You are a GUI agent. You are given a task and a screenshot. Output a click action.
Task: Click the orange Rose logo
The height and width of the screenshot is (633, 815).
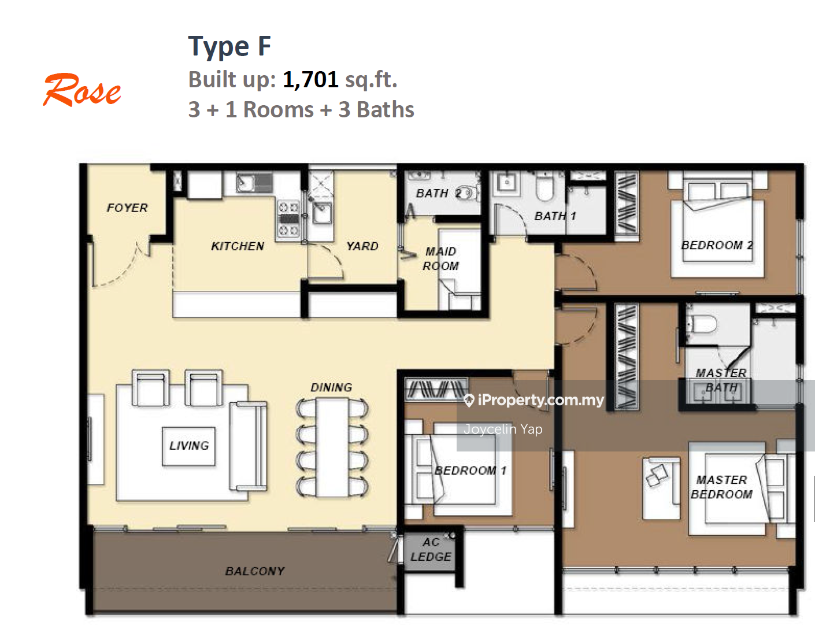coord(81,90)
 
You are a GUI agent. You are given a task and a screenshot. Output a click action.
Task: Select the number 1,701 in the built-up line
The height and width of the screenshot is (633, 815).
coord(310,80)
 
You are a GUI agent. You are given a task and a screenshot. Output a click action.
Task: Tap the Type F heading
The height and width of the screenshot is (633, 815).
coord(229,46)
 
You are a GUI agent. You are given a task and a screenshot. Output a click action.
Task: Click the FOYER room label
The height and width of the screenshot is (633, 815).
coord(127,208)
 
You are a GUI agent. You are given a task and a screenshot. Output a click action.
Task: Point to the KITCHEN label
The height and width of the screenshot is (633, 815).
coord(238,246)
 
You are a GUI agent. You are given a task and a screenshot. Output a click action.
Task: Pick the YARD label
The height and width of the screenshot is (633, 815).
coord(362,246)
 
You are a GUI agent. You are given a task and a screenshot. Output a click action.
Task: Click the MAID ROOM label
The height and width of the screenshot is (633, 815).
coord(440,258)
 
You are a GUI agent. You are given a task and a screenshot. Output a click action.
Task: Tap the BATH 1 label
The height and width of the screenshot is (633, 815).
coord(555,216)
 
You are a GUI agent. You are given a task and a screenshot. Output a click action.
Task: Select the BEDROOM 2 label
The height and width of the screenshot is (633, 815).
coord(717,245)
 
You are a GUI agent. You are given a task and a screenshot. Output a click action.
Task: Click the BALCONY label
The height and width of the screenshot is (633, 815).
coord(255,571)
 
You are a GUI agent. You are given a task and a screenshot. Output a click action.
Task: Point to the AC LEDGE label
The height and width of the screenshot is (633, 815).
coord(431,549)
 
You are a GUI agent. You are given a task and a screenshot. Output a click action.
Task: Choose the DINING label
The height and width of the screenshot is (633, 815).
coord(332,387)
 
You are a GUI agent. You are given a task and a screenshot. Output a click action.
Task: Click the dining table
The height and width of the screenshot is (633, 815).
coord(332,447)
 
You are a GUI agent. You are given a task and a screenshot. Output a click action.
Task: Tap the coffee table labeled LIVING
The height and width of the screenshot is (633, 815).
coord(188,446)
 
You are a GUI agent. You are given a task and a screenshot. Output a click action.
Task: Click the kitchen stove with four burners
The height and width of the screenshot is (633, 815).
coord(288,219)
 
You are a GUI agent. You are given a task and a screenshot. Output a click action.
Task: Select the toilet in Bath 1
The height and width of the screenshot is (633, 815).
coord(545,187)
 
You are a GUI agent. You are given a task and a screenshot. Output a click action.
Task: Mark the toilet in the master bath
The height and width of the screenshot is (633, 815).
coord(702,324)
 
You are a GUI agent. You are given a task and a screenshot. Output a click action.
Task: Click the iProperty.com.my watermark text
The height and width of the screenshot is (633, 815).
coord(534,400)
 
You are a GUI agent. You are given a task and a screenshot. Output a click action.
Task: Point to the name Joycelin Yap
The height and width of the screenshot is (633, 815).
coord(503,429)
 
